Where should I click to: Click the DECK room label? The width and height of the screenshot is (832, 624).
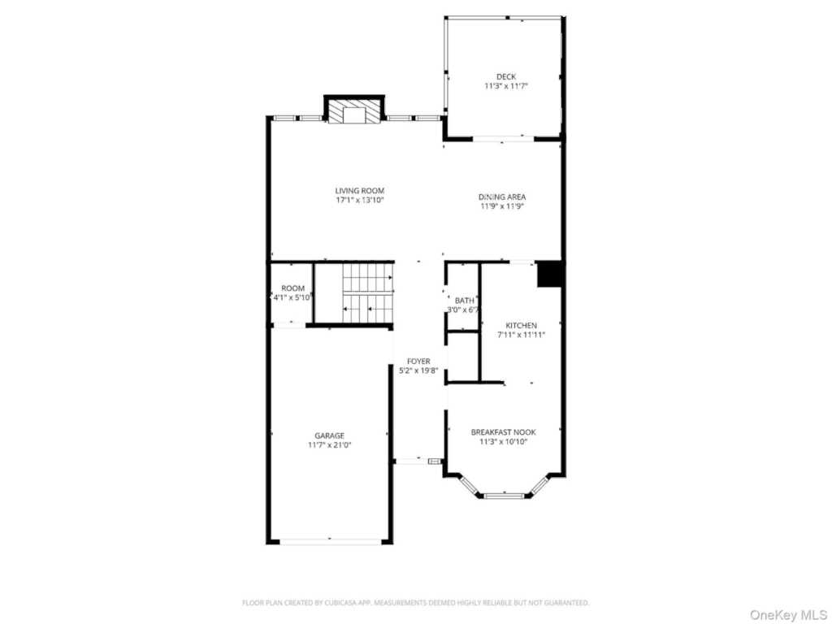tap(506, 77)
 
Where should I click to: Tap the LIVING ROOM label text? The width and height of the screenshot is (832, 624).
tap(359, 191)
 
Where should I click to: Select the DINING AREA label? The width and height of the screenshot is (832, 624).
tap(501, 197)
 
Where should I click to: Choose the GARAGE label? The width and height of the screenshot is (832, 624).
tap(329, 435)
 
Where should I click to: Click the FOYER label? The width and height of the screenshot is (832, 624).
tap(418, 362)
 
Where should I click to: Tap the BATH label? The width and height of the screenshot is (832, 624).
tap(464, 301)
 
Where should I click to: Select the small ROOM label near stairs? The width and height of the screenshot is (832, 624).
tap(292, 288)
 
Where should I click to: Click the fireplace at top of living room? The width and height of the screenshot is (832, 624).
tap(354, 113)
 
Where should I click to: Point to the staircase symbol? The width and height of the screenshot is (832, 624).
tap(367, 293)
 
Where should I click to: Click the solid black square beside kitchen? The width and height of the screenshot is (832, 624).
tap(550, 274)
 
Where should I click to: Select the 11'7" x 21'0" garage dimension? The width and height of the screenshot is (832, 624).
tap(329, 445)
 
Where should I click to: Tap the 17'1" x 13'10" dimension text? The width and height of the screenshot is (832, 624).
tap(359, 200)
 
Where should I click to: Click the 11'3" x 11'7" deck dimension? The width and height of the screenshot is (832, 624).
tap(506, 86)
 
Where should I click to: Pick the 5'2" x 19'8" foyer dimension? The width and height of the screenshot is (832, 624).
tap(418, 370)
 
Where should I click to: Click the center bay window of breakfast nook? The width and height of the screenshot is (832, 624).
tap(503, 494)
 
